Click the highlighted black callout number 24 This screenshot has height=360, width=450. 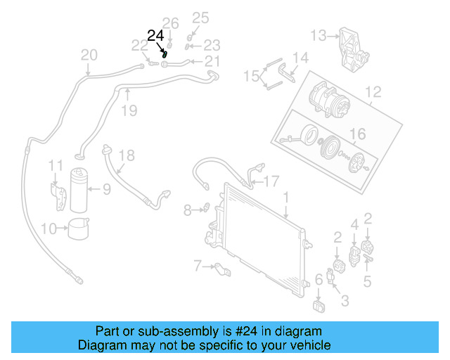point(155,35)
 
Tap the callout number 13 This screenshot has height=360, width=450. point(319,34)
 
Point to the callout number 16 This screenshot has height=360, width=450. point(358,134)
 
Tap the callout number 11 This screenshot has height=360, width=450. point(56,166)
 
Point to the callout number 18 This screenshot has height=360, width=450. point(126,155)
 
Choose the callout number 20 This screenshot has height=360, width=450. point(89,55)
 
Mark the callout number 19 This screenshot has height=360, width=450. point(127,110)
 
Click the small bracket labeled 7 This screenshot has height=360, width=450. point(218,267)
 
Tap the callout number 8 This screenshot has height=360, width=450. point(187,209)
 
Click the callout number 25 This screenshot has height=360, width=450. point(201,18)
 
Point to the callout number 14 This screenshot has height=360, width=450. point(300,57)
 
